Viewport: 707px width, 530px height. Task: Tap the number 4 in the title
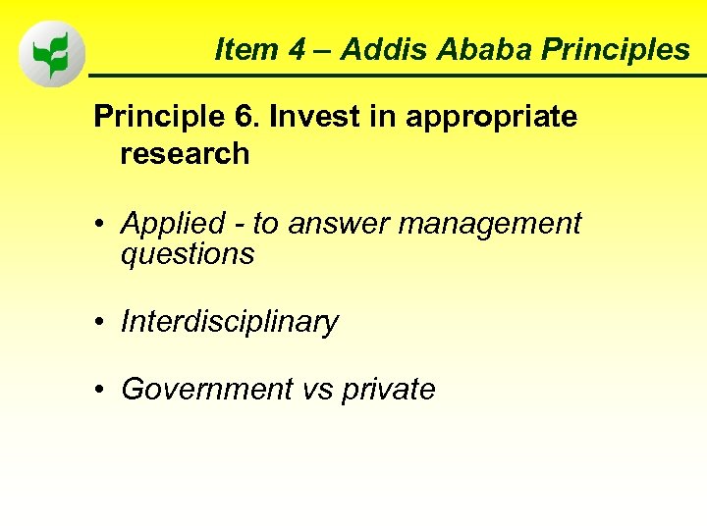coord(298,49)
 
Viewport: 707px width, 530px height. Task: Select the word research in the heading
coord(185,153)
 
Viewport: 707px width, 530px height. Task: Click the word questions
coord(188,255)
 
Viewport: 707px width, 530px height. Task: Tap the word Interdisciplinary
coord(229,322)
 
